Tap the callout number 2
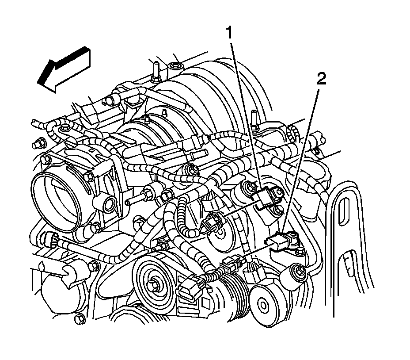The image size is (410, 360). pos(322,80)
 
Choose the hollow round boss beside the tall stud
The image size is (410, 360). pos(174,67)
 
